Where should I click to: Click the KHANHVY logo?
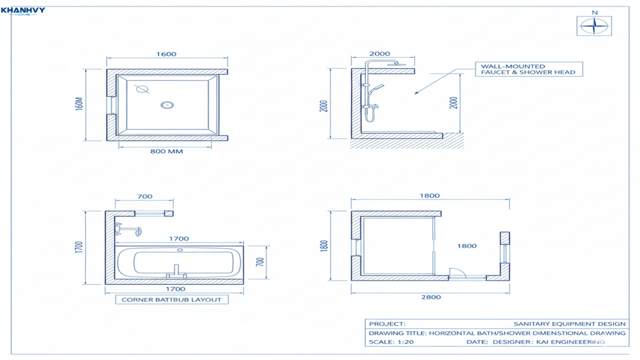[x=23, y=11]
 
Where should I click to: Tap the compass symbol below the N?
[x=594, y=26]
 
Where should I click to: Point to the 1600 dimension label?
[x=166, y=54]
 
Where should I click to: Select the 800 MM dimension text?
[x=166, y=151]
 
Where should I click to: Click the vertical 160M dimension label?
[x=79, y=104]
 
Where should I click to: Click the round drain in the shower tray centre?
[x=167, y=105]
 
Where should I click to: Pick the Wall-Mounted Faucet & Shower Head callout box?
[x=529, y=69]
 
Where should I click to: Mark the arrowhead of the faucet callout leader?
[x=416, y=92]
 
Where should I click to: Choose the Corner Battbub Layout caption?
[x=172, y=299]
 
